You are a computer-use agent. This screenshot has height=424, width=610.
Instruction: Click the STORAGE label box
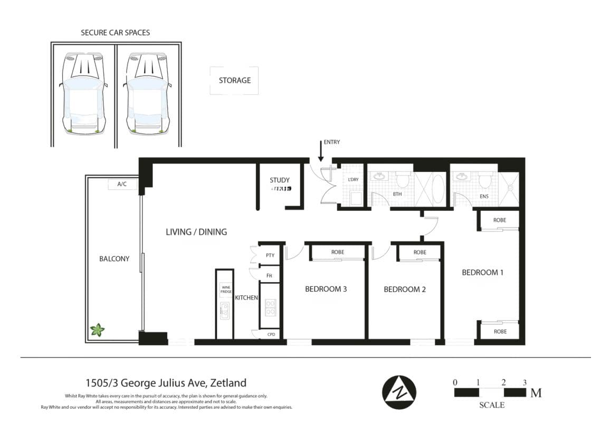click(234, 81)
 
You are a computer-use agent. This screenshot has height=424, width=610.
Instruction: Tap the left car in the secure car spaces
click(83, 92)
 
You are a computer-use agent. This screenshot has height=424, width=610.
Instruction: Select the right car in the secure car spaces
click(148, 92)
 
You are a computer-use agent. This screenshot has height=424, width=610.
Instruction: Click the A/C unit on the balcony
click(122, 185)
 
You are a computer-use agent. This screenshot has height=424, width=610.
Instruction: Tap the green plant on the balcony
click(97, 330)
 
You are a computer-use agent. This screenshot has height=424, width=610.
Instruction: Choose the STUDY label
click(280, 180)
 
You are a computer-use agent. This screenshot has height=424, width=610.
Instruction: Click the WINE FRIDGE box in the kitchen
click(225, 290)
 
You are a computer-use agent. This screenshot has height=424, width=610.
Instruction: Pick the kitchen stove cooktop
click(270, 307)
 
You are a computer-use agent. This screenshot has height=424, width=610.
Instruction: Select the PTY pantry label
click(270, 255)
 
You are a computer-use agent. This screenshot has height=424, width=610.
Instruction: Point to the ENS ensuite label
click(484, 197)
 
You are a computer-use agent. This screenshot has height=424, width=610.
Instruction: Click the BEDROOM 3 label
click(326, 289)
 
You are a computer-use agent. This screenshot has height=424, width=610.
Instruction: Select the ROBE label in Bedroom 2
click(420, 253)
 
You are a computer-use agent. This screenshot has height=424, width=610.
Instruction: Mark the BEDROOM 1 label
click(482, 273)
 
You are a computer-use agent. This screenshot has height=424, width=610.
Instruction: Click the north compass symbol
click(399, 392)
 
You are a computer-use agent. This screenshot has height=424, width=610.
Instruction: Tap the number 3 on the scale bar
click(524, 382)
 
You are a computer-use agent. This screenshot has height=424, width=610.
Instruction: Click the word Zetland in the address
click(228, 383)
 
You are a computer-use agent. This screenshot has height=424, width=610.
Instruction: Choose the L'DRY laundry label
click(353, 180)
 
